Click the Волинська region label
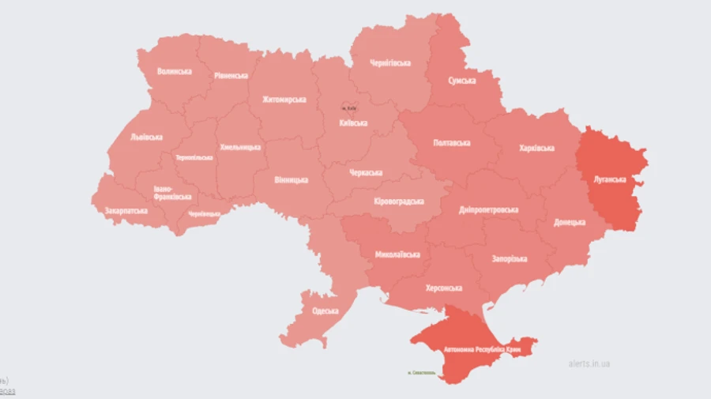(174, 72)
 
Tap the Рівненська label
(230, 76)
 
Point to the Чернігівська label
(389, 62)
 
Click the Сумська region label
(461, 81)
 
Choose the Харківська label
(536, 148)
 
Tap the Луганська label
(611, 179)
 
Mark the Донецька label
(569, 223)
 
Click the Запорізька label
(508, 258)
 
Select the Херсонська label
(443, 288)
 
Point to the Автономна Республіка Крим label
(480, 348)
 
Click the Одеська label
(325, 311)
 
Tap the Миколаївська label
(397, 255)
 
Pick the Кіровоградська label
(398, 201)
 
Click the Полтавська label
(452, 143)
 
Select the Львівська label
(146, 137)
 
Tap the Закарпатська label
(126, 211)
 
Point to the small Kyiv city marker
(348, 107)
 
